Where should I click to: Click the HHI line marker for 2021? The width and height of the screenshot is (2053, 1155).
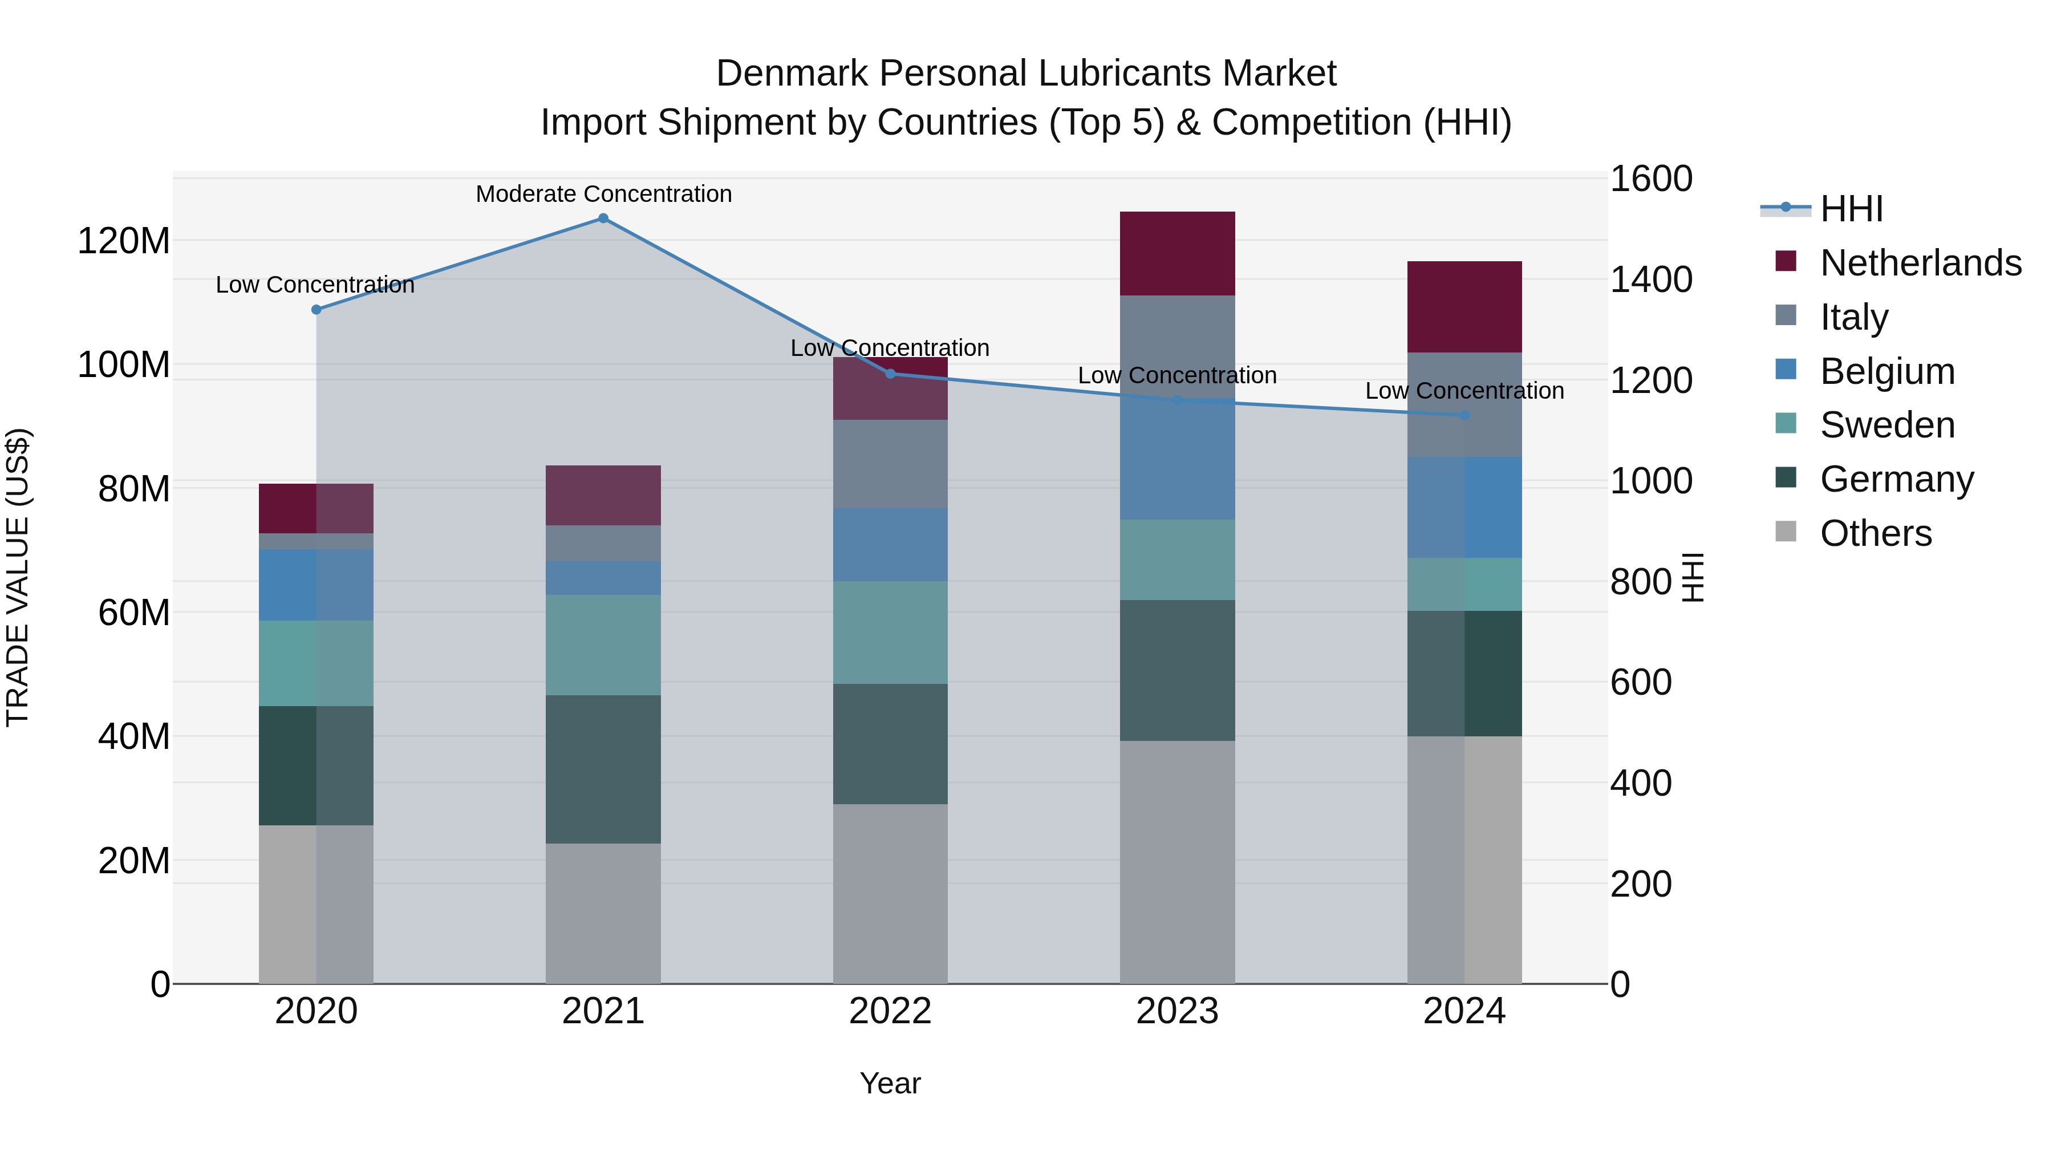point(603,218)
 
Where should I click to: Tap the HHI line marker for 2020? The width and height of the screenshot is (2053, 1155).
point(317,309)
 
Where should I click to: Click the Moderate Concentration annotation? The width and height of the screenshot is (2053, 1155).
point(603,194)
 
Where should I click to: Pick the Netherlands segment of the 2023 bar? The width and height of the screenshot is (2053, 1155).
point(1177,253)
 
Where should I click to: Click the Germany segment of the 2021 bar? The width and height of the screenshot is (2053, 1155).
point(603,769)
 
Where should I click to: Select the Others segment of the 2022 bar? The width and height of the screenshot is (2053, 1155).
point(890,894)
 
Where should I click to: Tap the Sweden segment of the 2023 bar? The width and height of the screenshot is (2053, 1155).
point(1177,560)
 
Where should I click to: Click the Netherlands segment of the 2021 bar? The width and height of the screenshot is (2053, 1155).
point(603,495)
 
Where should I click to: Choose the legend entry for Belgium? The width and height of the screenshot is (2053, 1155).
point(1887,371)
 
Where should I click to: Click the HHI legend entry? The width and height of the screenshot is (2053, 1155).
point(1851,209)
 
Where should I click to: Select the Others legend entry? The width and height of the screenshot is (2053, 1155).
point(1875,533)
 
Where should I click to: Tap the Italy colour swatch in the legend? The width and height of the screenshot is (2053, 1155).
point(1786,315)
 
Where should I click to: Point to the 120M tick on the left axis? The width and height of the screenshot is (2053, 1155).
point(124,241)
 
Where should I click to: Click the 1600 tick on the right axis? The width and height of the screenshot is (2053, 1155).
point(1650,179)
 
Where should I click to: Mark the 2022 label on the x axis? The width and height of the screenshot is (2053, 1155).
point(890,1011)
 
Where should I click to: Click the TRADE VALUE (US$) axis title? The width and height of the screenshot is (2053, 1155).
point(18,578)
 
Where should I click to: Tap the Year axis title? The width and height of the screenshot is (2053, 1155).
point(890,1083)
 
